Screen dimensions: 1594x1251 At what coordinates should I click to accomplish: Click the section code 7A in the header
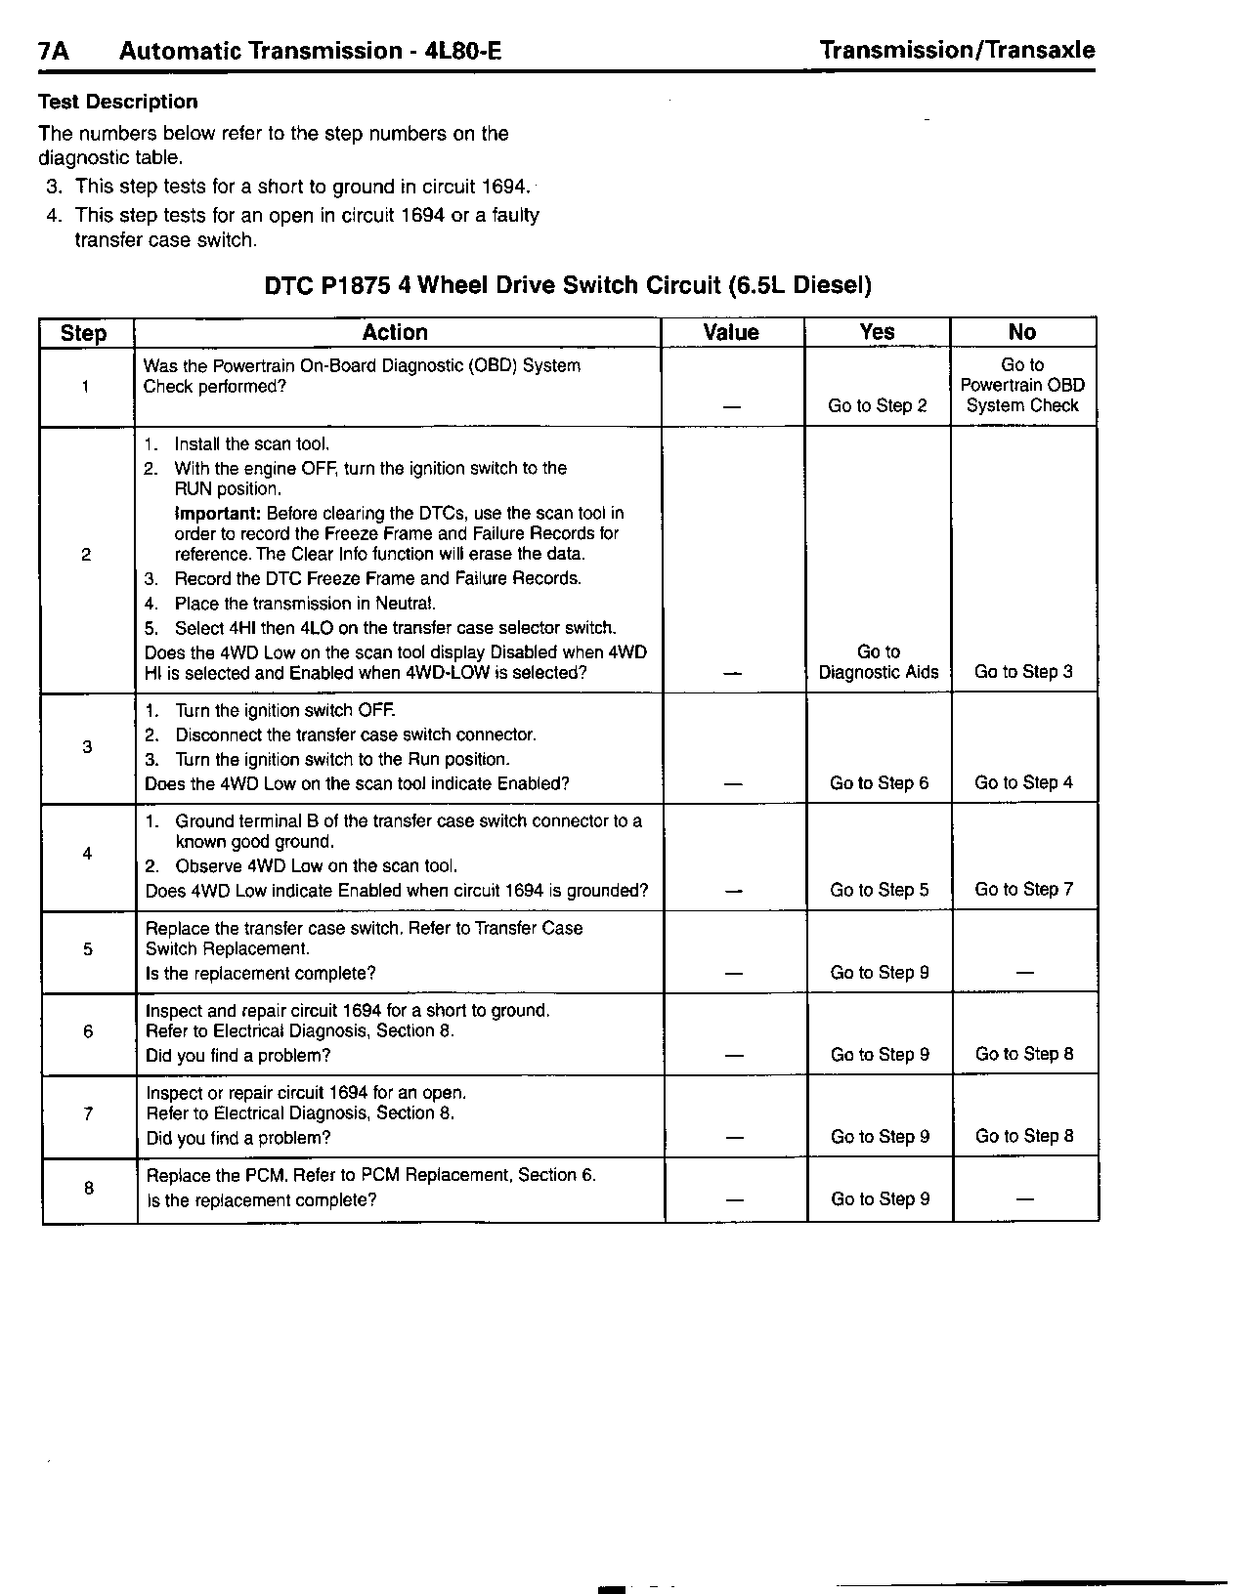tap(54, 52)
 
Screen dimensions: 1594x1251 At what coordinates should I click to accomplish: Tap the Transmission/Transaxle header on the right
tap(957, 51)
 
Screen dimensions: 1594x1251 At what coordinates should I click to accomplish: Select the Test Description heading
tap(117, 102)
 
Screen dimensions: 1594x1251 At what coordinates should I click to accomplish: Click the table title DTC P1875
tap(568, 285)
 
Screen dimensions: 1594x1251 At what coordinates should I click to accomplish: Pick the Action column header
tap(395, 332)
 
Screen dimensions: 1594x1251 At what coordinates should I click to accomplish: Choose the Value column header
tap(731, 332)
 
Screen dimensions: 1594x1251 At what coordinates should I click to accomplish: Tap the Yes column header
tap(877, 332)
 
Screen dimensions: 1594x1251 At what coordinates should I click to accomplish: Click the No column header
tap(1022, 332)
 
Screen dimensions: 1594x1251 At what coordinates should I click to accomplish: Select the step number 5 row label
tap(88, 949)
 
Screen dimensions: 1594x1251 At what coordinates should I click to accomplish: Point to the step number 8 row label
tap(89, 1188)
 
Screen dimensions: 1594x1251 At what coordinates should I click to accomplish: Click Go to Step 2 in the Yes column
tap(878, 405)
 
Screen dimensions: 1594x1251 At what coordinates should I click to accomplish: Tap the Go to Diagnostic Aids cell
tap(879, 662)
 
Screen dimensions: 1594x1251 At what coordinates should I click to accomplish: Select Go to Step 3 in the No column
tap(1023, 672)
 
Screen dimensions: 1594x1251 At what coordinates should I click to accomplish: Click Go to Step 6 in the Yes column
tap(879, 783)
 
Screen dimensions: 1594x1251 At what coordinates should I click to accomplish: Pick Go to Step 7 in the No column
tap(1023, 890)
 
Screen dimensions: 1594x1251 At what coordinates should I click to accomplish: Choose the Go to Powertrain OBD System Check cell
tap(1022, 385)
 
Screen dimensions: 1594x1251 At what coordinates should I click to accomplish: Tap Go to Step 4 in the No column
tap(1023, 783)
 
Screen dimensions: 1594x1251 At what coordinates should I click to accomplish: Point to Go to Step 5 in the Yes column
tap(879, 890)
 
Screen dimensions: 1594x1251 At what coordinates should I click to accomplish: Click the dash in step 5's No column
tap(1025, 974)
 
